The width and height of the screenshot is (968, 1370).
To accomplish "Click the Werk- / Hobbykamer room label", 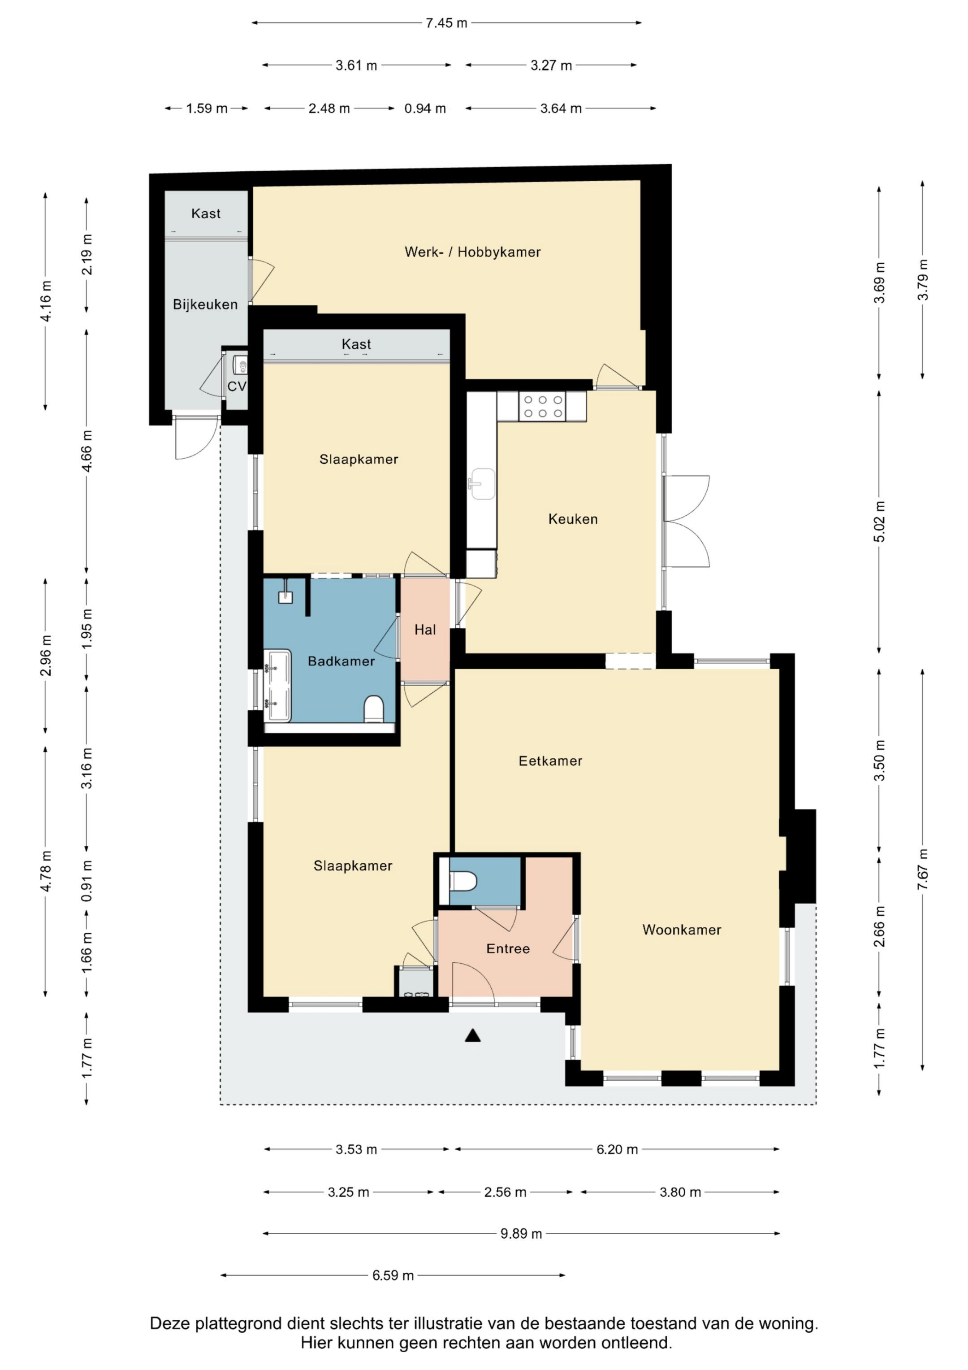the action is click(x=472, y=252).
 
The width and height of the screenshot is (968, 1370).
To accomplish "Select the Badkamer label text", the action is click(x=341, y=661).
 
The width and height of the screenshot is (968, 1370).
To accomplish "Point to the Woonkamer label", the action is click(x=682, y=930).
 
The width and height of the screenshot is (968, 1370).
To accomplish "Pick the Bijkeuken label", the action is click(x=205, y=304).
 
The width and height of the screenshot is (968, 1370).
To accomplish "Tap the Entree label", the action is click(x=508, y=949).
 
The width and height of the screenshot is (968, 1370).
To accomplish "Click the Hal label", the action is click(x=425, y=630).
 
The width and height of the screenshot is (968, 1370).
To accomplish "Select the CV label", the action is click(x=237, y=386).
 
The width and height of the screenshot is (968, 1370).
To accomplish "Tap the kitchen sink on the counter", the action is click(x=482, y=484).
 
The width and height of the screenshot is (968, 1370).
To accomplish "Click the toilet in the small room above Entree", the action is click(x=463, y=881).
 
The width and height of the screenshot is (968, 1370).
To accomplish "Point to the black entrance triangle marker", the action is click(x=473, y=1035).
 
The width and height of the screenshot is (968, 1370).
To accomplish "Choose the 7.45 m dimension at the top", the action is click(x=446, y=23).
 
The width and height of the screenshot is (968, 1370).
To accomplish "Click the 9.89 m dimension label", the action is click(x=521, y=1233).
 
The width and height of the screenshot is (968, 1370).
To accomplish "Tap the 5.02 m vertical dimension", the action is click(x=880, y=522).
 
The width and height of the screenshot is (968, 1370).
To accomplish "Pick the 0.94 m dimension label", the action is click(x=425, y=109).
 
